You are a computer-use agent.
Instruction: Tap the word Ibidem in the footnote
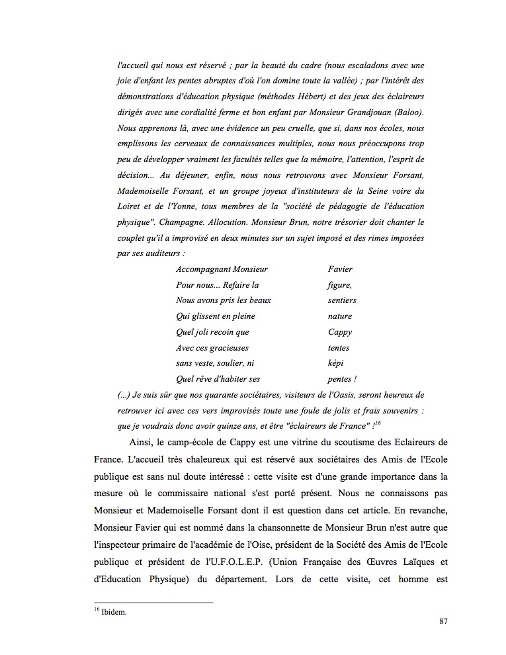114,612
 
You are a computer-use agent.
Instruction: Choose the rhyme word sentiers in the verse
342,300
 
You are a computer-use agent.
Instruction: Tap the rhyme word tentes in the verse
338,348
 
